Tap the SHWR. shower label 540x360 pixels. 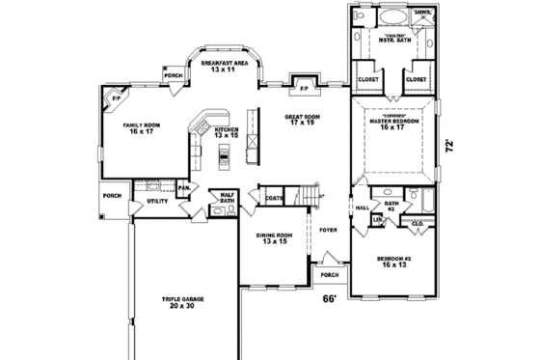click(x=422, y=14)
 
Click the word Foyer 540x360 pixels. click(x=327, y=232)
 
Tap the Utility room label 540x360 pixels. click(x=158, y=203)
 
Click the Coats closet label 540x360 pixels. click(x=274, y=198)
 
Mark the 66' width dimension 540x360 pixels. click(x=329, y=299)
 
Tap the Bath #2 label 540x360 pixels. click(x=391, y=206)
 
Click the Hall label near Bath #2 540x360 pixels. click(x=364, y=208)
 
